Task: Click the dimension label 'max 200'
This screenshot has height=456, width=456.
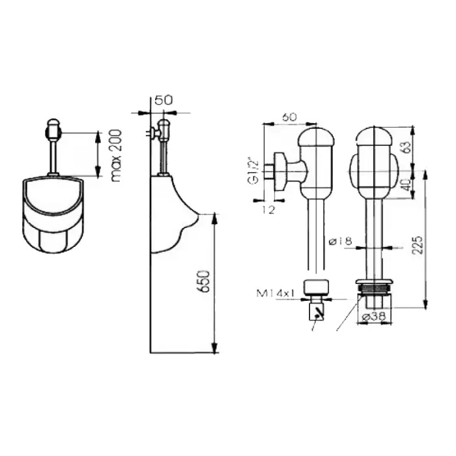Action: [117, 156]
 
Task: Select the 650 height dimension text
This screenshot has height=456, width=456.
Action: [203, 281]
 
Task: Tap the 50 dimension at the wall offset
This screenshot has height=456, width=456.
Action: [163, 100]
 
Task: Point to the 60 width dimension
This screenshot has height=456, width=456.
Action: [290, 117]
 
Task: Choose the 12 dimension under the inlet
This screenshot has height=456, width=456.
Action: [268, 210]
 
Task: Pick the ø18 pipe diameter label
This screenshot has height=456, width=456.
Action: [340, 241]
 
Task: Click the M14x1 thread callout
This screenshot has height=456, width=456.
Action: [276, 293]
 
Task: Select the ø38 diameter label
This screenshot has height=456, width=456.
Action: [375, 317]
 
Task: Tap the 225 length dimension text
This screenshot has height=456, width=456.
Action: [418, 245]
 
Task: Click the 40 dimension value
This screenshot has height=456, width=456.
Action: [406, 184]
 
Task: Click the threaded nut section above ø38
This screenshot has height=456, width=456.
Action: [375, 289]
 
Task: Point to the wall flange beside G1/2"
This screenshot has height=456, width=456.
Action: [281, 172]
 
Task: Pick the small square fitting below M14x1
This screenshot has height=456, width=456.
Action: [316, 311]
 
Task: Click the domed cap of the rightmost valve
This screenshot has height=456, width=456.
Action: [375, 136]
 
